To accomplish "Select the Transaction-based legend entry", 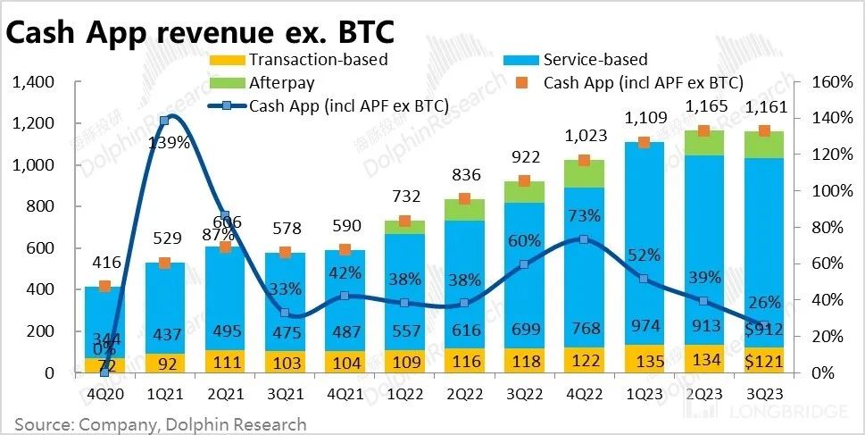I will pyautogui.click(x=319, y=60).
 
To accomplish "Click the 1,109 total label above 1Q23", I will pyautogui.click(x=645, y=116).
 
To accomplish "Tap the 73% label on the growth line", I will pyautogui.click(x=582, y=215).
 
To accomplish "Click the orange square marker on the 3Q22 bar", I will pyautogui.click(x=524, y=180).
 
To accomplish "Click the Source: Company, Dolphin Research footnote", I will pyautogui.click(x=160, y=423).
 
